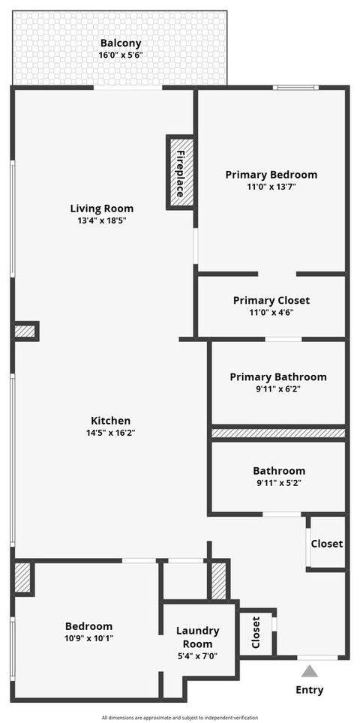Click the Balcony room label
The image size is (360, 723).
pos(120,43)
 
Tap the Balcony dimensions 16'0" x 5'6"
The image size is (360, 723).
pos(120,55)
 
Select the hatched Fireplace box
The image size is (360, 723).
pos(180,172)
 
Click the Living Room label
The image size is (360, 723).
pos(102,208)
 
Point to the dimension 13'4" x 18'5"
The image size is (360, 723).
pos(102,220)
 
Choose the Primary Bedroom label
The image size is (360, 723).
pos(271,175)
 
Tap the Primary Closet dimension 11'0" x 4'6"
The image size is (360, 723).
pos(271,312)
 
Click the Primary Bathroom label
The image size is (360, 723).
pos(278,376)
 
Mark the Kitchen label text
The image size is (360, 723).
pos(111,421)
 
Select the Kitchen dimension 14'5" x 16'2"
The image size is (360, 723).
pos(111,433)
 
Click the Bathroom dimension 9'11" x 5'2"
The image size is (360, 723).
pos(279,483)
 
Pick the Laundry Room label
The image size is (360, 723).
pos(198,637)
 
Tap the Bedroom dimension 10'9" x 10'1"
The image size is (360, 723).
pos(88,638)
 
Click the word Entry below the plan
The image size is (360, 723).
pos(310,690)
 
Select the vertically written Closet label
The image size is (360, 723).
pos(256,632)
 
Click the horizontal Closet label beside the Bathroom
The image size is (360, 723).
pos(327,544)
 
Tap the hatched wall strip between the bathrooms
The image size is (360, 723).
pos(278,433)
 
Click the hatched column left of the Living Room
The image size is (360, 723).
pos(25,331)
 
